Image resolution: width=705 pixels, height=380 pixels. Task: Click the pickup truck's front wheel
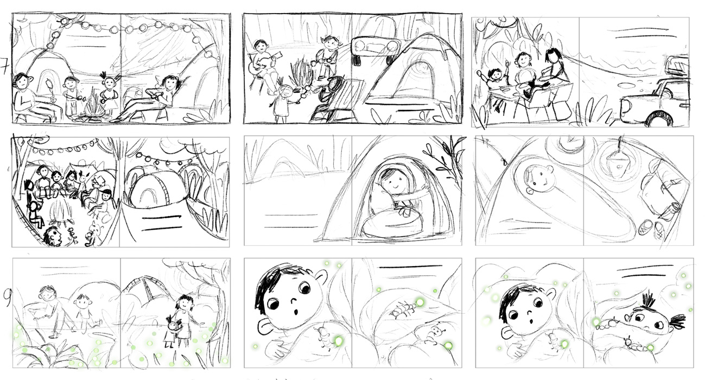[659, 118]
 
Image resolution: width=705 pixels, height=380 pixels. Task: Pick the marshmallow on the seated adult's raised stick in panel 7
[49, 83]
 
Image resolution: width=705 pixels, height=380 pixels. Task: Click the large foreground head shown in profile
[53, 236]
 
